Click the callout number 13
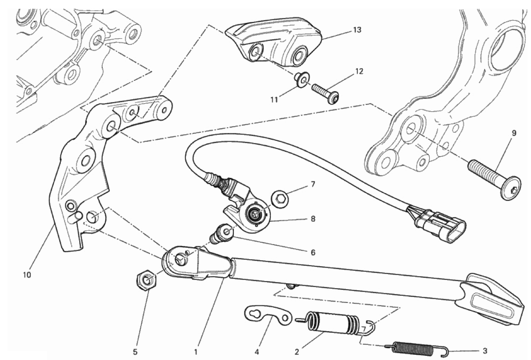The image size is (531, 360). [357, 30]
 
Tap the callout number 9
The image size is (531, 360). [514, 133]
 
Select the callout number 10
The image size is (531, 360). [27, 275]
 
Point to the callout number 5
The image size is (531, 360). [135, 351]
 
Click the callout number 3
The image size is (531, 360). [485, 350]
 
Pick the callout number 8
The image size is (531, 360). [313, 219]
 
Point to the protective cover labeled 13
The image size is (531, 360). [274, 41]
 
